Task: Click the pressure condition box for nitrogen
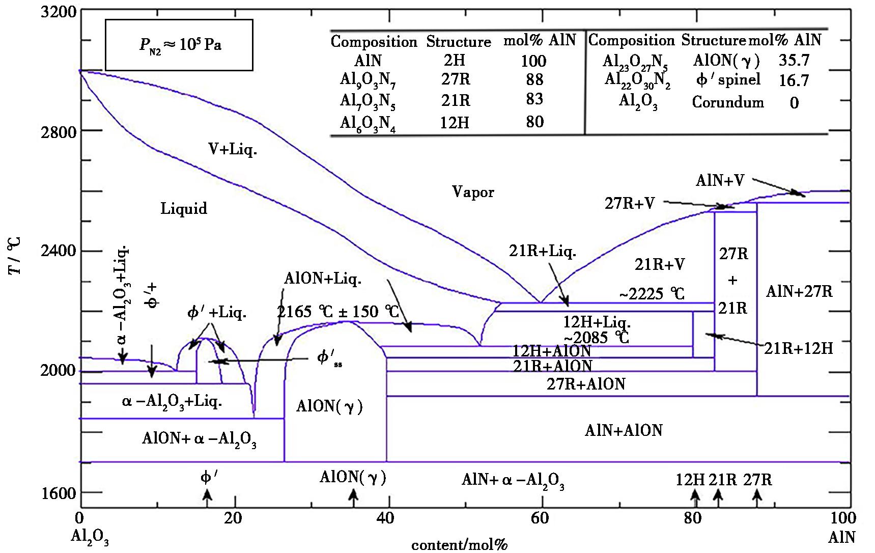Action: (179, 45)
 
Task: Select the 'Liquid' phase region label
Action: (184, 209)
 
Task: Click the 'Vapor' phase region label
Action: (473, 192)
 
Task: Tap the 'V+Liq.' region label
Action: (232, 150)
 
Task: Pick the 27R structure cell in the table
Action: (456, 80)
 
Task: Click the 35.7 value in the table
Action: (794, 60)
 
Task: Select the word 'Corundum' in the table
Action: (728, 102)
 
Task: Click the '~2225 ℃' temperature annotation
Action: (652, 294)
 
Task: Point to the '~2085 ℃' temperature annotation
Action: (596, 337)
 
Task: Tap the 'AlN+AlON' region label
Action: (624, 430)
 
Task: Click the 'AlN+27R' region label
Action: (799, 291)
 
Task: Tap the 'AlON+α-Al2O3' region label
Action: (199, 439)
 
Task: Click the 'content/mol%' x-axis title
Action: (460, 545)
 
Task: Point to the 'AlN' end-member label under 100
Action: (842, 537)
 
